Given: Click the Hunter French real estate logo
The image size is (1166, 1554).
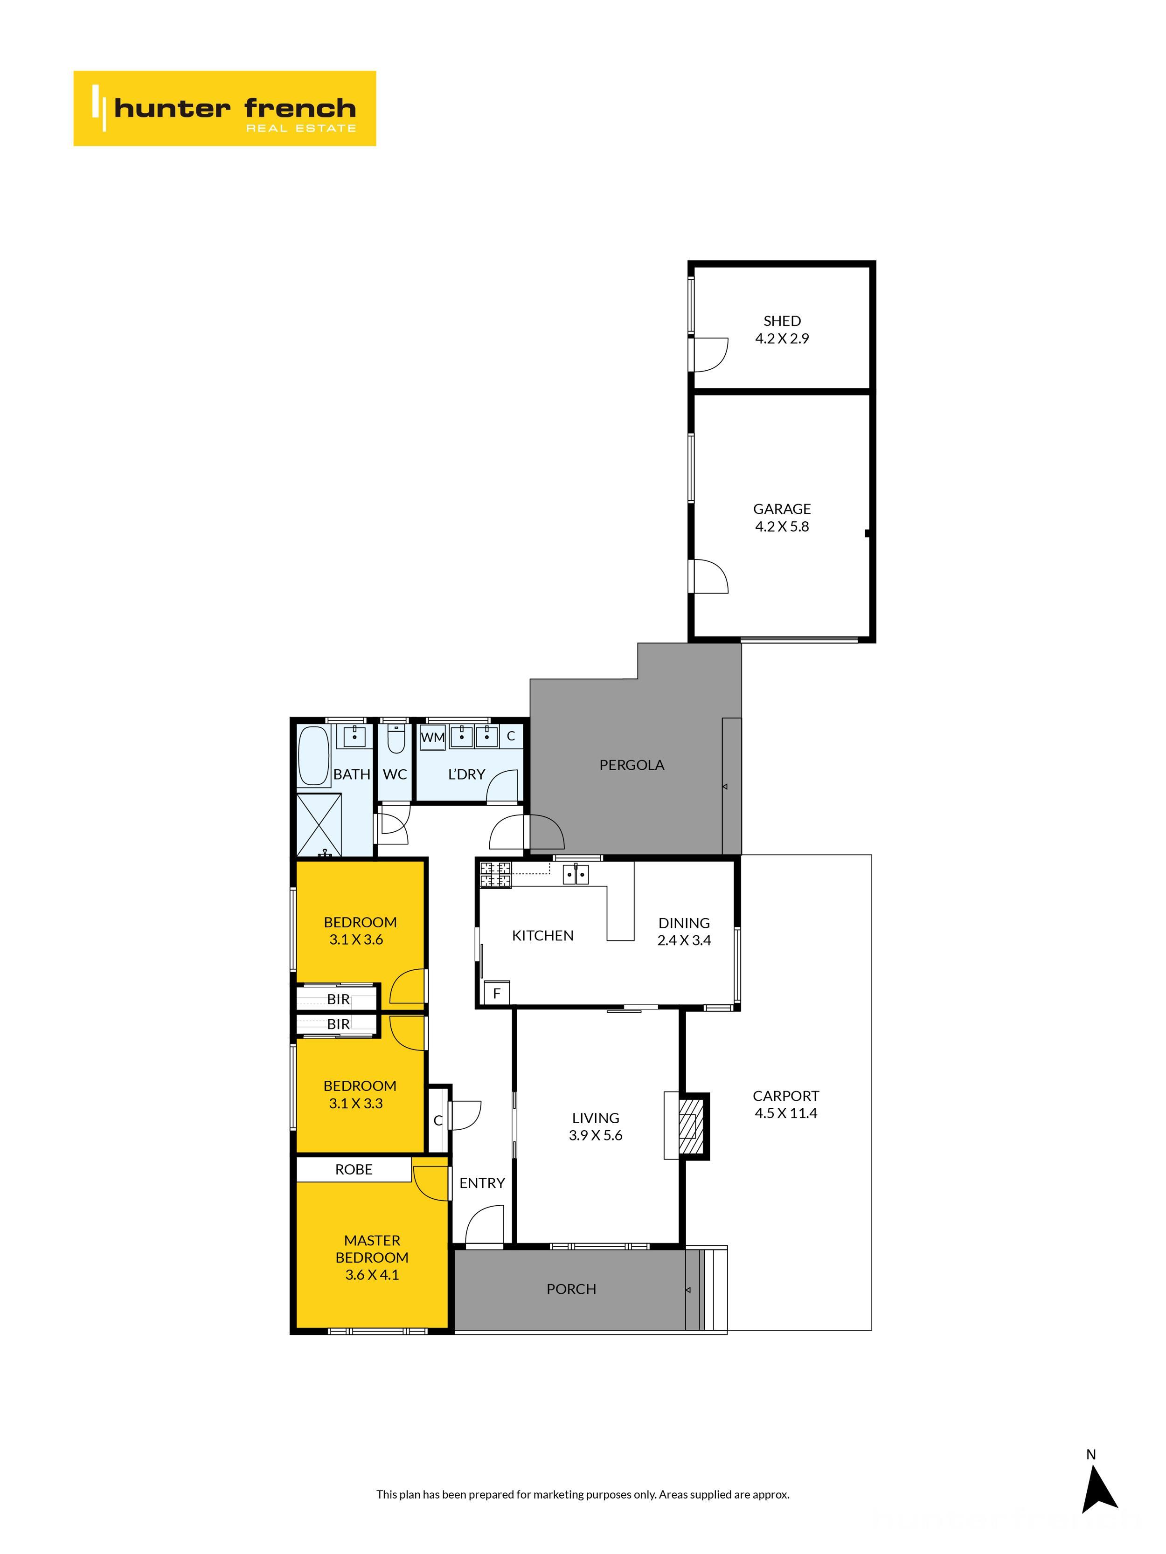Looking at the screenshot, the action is click(x=224, y=108).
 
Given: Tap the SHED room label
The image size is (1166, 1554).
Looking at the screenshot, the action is click(x=782, y=321).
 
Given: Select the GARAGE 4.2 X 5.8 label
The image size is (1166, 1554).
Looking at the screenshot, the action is click(x=782, y=518).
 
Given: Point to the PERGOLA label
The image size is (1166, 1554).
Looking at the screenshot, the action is click(x=631, y=765).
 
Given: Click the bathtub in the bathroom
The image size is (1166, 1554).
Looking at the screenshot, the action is click(x=313, y=755).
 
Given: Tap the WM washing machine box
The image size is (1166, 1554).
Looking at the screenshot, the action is click(x=432, y=737).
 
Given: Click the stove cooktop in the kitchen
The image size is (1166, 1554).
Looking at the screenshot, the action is click(x=495, y=875).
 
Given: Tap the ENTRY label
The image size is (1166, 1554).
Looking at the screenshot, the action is click(x=482, y=1183).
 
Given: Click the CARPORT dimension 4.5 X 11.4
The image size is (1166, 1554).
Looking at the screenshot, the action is click(x=786, y=1113).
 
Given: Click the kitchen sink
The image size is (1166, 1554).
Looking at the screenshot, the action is click(x=576, y=874).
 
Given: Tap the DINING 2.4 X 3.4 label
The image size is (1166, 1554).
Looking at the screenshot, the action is click(x=684, y=932).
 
